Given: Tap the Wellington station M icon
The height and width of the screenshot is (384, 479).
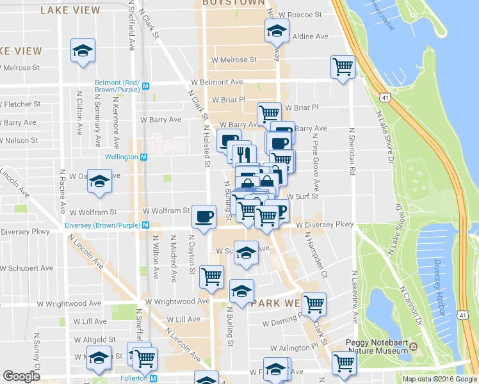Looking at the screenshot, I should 144,157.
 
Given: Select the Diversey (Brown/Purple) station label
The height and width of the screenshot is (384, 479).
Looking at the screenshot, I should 102,225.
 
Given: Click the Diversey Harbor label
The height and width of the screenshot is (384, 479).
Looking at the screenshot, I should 440,287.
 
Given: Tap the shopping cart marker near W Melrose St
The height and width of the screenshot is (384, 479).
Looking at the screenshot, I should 343,66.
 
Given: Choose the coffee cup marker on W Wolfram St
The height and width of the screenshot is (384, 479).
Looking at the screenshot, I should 204,216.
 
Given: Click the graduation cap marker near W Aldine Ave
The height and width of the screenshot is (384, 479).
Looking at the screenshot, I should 277,30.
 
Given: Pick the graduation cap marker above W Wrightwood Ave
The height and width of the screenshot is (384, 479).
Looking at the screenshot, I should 241,291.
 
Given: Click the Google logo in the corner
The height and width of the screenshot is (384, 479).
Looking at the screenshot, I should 21,376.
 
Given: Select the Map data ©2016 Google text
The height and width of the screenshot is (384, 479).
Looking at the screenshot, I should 439,379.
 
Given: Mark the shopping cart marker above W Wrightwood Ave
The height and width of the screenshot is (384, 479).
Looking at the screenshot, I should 211,276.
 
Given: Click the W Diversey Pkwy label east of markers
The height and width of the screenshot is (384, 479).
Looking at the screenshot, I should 325,225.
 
